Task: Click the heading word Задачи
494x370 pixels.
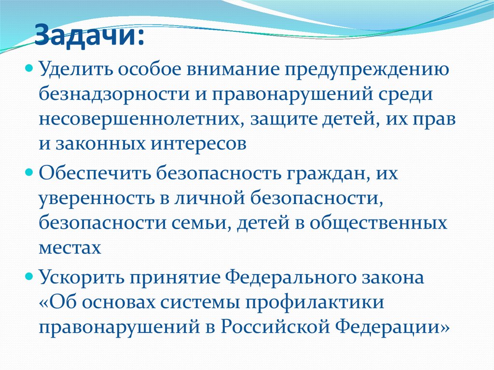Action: tap(88, 36)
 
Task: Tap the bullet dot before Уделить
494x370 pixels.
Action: tap(28, 68)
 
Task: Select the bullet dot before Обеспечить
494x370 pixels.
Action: tap(28, 172)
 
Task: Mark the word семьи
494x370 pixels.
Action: tap(218, 224)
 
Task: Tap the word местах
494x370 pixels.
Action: tap(70, 249)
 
